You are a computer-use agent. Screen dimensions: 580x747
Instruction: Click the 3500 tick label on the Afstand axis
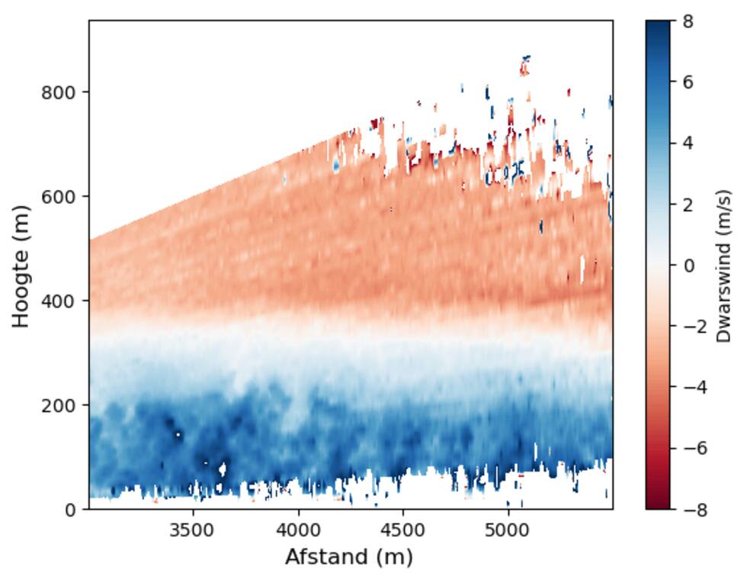click(193, 528)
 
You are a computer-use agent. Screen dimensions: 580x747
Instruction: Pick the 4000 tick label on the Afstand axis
click(298, 528)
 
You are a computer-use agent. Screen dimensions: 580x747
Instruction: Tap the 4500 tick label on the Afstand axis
click(403, 528)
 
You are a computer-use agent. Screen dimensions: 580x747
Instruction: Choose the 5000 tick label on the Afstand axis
click(508, 528)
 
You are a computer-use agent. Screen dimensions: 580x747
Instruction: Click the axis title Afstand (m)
click(348, 557)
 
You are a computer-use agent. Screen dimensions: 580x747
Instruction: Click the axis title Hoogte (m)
click(21, 266)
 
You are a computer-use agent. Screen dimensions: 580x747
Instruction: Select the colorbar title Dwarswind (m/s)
click(723, 266)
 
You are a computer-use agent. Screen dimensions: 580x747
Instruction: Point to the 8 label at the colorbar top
click(688, 21)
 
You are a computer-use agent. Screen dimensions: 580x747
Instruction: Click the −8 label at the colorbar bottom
click(693, 509)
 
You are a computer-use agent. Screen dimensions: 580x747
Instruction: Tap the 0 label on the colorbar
click(688, 266)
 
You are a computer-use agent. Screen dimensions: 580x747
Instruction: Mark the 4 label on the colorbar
click(688, 143)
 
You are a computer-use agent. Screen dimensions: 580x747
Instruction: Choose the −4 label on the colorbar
click(693, 387)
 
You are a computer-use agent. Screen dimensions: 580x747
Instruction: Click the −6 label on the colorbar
click(693, 448)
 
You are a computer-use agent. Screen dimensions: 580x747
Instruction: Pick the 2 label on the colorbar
click(688, 205)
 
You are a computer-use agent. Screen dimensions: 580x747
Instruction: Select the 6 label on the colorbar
click(688, 82)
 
